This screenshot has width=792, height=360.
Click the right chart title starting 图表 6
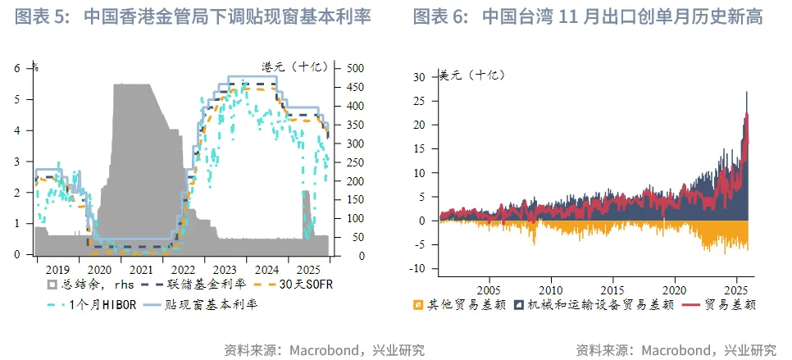[x=588, y=16]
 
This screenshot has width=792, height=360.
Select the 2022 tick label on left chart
[x=182, y=269]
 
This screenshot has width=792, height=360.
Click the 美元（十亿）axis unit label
[x=473, y=75]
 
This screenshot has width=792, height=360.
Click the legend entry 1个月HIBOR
[x=97, y=303]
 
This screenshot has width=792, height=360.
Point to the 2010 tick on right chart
[x=551, y=289]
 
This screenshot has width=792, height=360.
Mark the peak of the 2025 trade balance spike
[x=746, y=93]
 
